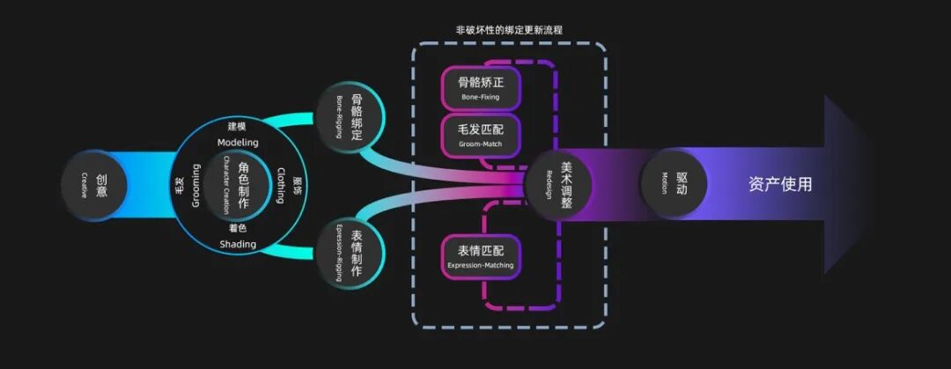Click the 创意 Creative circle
pos(93,185)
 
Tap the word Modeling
pos(237,143)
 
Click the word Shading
pos(237,244)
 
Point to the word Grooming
pos(195,185)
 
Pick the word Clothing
pos(281,185)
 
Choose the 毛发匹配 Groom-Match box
pos(480,135)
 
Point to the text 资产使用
pos(780,184)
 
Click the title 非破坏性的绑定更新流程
pos(509,29)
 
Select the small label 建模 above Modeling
pos(237,127)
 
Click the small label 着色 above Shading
pos(237,228)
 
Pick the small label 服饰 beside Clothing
pos(298,185)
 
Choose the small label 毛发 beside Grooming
pos(179,185)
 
